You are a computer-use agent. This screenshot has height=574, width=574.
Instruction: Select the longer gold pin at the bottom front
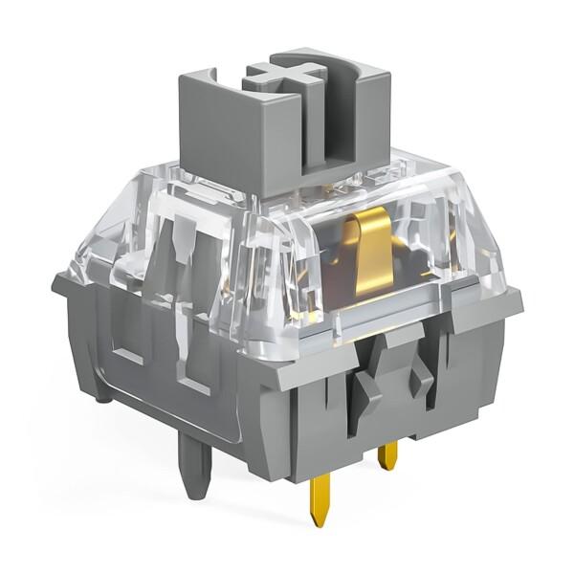coord(319,497)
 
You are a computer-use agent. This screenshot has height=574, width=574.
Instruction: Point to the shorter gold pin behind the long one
coord(387,453)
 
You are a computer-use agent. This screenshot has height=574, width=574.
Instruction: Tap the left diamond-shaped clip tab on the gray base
coord(367,386)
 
